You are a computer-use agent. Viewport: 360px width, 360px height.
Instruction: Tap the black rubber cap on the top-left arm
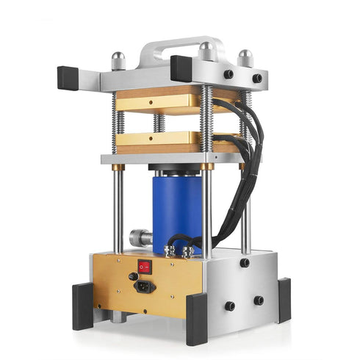tap(68, 76)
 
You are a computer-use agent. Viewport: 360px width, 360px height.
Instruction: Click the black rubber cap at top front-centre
tap(181, 68)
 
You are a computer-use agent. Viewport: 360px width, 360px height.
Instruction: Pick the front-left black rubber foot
tap(82, 306)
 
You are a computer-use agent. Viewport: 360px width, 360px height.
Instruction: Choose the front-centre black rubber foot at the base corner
tap(196, 319)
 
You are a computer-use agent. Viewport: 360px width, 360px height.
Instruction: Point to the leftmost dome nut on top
tap(118, 60)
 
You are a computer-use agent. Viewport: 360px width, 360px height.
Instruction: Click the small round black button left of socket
tap(132, 277)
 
